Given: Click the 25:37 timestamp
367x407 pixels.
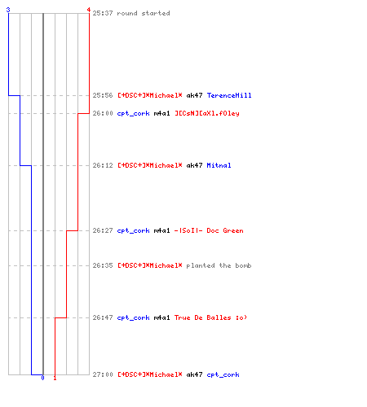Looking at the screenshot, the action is tap(103, 13).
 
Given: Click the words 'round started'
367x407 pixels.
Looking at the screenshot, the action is tap(144, 13).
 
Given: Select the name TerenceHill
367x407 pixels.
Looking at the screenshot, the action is tap(229, 95).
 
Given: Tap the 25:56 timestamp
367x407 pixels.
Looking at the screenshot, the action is tap(103, 95).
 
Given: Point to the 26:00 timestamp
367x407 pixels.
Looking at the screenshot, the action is tap(103, 113).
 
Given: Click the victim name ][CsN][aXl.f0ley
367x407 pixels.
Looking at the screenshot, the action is tap(207, 113).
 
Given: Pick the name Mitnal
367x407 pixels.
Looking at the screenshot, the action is tap(219, 165).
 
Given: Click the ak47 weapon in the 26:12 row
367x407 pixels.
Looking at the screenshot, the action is tap(194, 165).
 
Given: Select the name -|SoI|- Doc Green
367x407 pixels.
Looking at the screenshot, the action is tap(209, 230).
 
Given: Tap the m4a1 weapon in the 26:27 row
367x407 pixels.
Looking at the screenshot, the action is tap(161, 230).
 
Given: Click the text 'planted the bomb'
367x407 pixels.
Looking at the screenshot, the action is tap(219, 265).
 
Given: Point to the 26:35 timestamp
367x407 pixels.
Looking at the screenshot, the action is tap(103, 265).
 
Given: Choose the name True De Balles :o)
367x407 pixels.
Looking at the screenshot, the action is tap(210, 317).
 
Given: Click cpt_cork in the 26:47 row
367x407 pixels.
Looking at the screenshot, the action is tap(133, 317).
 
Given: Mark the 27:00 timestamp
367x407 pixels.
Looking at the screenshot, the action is tap(103, 374).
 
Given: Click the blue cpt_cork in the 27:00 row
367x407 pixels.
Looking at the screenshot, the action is tap(223, 374).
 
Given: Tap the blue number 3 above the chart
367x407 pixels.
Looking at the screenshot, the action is tap(8, 10).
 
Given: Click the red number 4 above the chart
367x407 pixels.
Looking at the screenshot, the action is tap(89, 10).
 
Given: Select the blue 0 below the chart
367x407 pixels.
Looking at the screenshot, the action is tap(42, 378).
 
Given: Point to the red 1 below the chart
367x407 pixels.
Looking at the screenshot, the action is tap(55, 378).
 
